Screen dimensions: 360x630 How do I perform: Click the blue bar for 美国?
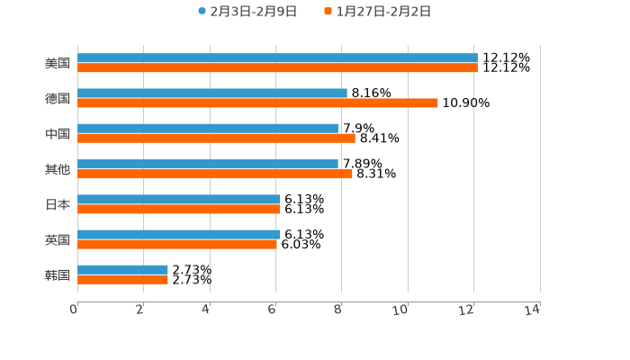click(x=277, y=58)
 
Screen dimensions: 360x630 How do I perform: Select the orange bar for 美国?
click(x=277, y=68)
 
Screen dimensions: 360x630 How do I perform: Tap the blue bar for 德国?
click(x=212, y=94)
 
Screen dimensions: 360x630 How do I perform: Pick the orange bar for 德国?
click(x=257, y=103)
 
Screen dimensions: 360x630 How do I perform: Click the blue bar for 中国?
click(x=208, y=129)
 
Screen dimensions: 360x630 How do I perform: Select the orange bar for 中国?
click(x=216, y=139)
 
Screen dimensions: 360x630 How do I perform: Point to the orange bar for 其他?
click(x=215, y=174)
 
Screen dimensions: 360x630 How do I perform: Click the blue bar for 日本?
click(x=179, y=200)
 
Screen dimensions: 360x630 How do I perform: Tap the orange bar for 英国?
click(x=177, y=244)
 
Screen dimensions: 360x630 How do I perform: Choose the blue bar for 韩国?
click(x=122, y=270)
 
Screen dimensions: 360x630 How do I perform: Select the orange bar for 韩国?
click(x=122, y=280)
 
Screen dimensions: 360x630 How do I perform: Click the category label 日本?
click(x=58, y=205)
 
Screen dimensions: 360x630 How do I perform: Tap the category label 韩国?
click(x=58, y=275)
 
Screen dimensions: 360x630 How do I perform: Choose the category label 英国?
click(x=58, y=240)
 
